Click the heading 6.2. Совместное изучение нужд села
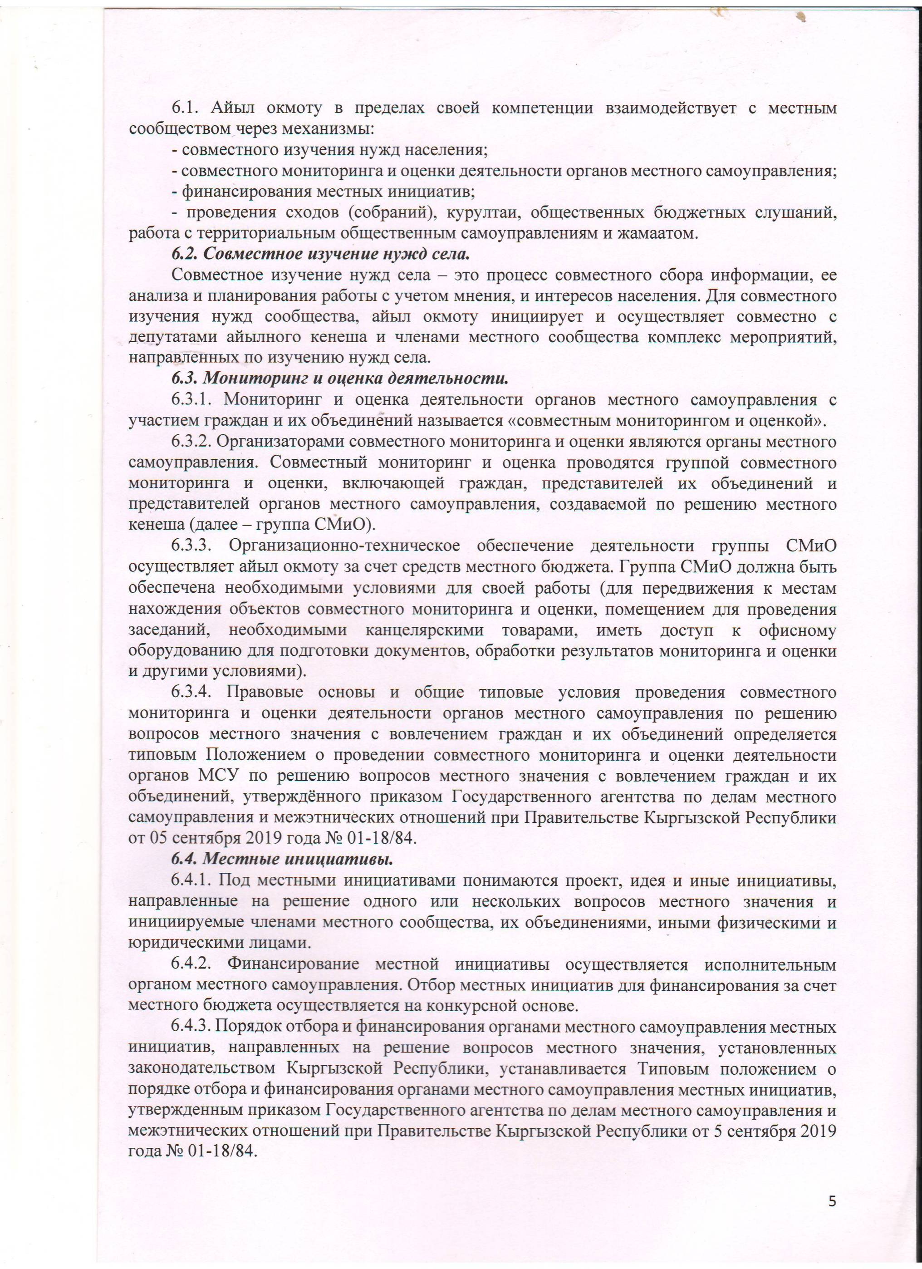pyautogui.click(x=320, y=254)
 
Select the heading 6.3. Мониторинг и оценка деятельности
pyautogui.click(x=339, y=379)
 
